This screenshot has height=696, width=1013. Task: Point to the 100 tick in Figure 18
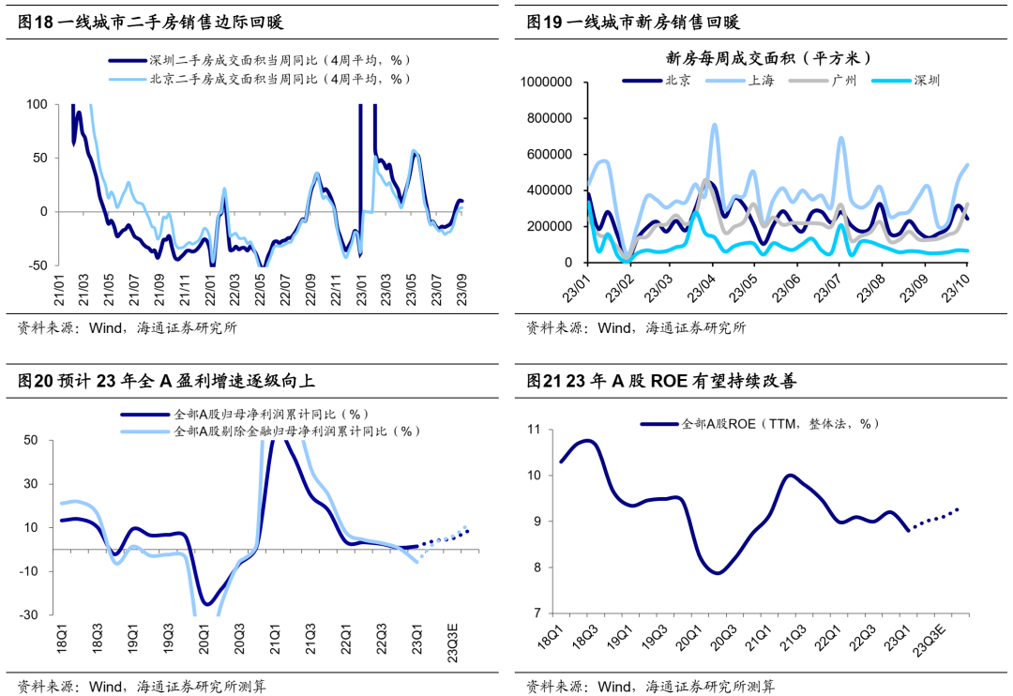pyautogui.click(x=38, y=104)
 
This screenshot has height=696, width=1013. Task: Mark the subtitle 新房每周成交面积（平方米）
pyautogui.click(x=768, y=57)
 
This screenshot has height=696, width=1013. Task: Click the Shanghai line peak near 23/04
pyautogui.click(x=715, y=124)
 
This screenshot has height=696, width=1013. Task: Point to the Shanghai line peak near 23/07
pyautogui.click(x=840, y=138)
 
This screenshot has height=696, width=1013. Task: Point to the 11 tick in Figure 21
pyautogui.click(x=536, y=430)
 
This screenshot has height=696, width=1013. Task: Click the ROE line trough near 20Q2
pyautogui.click(x=718, y=572)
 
